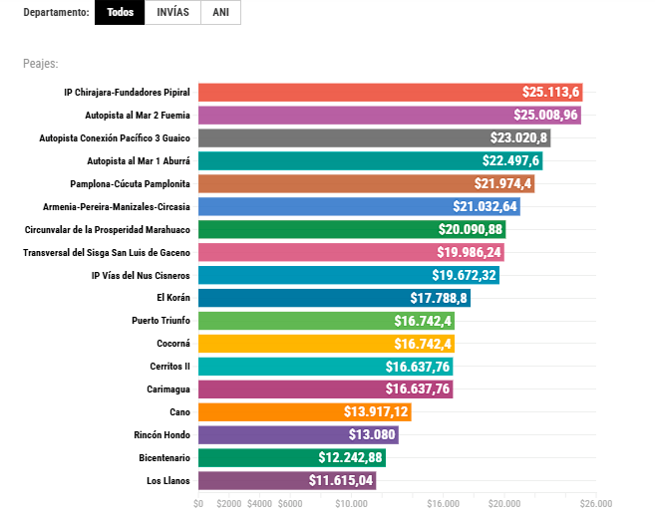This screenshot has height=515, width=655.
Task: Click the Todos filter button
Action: pyautogui.click(x=120, y=13)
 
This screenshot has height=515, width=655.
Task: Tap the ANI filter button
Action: pyautogui.click(x=220, y=13)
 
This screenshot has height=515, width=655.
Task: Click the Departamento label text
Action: pyautogui.click(x=55, y=13)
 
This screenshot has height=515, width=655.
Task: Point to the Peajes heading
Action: pyautogui.click(x=41, y=64)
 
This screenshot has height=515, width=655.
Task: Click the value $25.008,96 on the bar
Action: pyautogui.click(x=545, y=115)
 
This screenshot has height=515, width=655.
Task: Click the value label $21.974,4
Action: pyautogui.click(x=503, y=183)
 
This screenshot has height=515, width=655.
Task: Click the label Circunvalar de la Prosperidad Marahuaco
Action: pyautogui.click(x=107, y=229)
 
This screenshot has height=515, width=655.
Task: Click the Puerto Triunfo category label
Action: pyautogui.click(x=161, y=321)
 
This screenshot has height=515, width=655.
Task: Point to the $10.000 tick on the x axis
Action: pyautogui.click(x=351, y=504)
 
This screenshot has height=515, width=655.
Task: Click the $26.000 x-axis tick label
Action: pyautogui.click(x=595, y=504)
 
